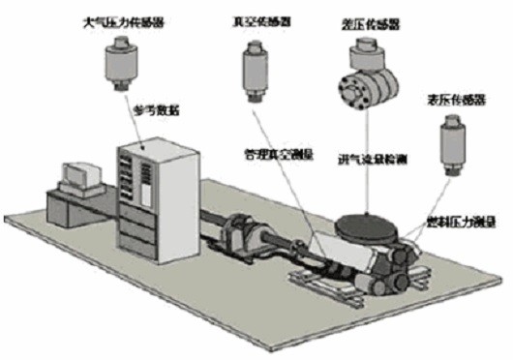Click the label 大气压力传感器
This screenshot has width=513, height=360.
(x=119, y=17)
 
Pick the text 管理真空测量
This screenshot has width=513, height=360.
(x=277, y=152)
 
